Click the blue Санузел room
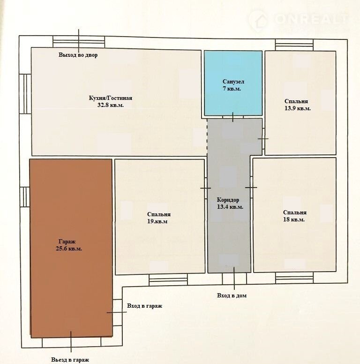pyautogui.click(x=233, y=83)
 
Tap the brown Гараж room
pyautogui.click(x=71, y=248)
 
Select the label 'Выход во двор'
pyautogui.click(x=78, y=55)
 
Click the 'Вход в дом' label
pyautogui.click(x=232, y=296)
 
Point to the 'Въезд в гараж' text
pyautogui.click(x=70, y=360)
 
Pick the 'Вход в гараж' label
pyautogui.click(x=144, y=306)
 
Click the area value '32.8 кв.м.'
pyautogui.click(x=111, y=105)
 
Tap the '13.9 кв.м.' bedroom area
pyautogui.click(x=298, y=108)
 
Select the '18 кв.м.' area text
pyautogui.click(x=294, y=220)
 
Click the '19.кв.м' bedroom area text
pyautogui.click(x=157, y=221)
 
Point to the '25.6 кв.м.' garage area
pyautogui.click(x=69, y=249)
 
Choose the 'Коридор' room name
pyautogui.click(x=228, y=200)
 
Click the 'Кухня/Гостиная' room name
pyautogui.click(x=111, y=98)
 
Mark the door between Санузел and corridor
pyautogui.click(x=233, y=117)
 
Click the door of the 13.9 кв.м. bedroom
pyautogui.click(x=263, y=139)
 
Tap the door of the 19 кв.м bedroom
pyautogui.click(x=206, y=188)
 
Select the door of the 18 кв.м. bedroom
pyautogui.click(x=251, y=187)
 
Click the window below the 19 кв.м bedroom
pyautogui.click(x=168, y=279)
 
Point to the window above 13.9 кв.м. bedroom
pyautogui.click(x=294, y=45)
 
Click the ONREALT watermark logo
pyautogui.click(x=299, y=20)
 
